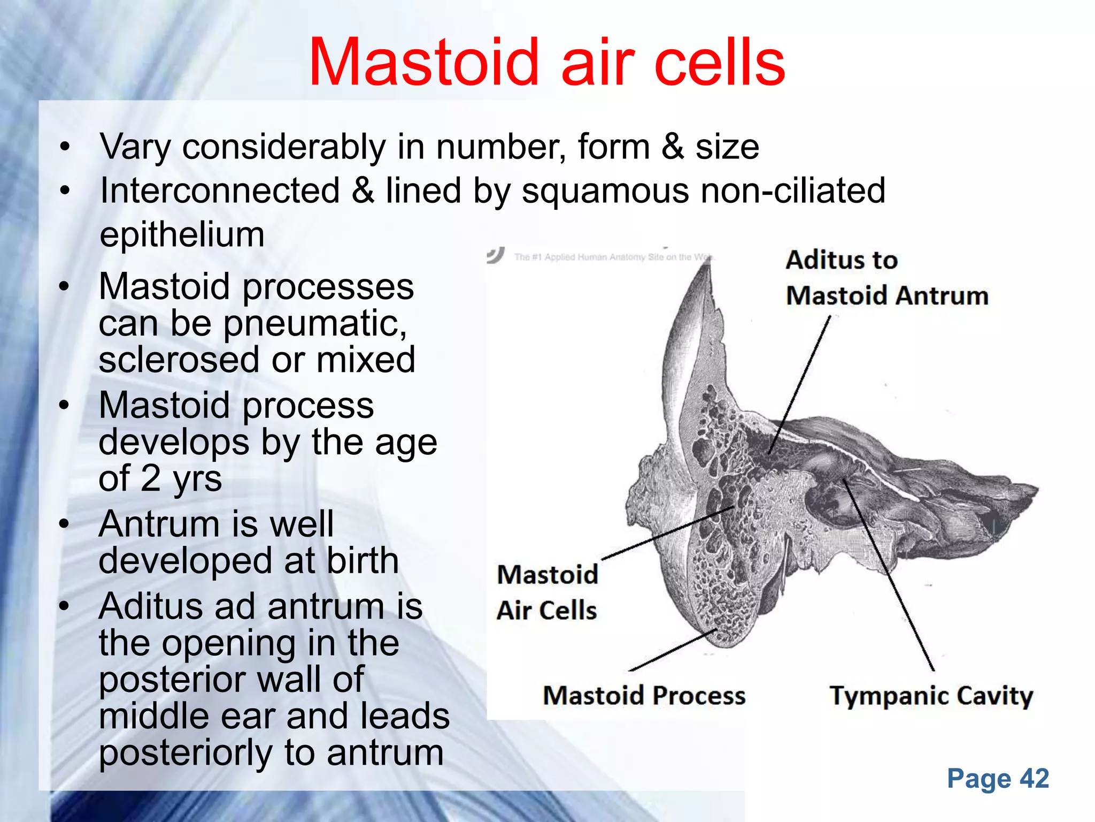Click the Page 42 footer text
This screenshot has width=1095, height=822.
coord(998,778)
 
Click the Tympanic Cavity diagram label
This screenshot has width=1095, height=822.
coord(931,696)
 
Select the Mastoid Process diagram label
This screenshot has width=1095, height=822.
coord(644,696)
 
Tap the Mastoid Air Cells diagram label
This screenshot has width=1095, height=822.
coord(547,592)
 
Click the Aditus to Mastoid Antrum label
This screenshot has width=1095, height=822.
coord(886,278)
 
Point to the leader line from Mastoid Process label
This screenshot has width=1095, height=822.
coord(674,650)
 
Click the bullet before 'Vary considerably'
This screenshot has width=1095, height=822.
coord(65,146)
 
